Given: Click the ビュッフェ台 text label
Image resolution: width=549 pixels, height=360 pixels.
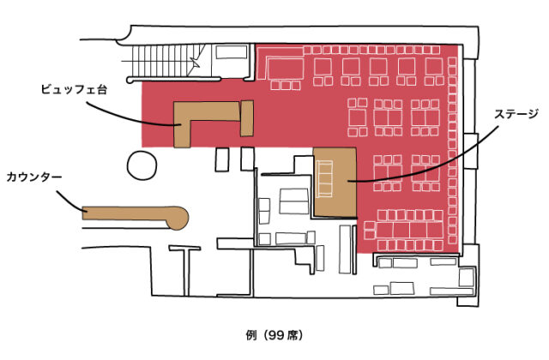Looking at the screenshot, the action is click(74, 89).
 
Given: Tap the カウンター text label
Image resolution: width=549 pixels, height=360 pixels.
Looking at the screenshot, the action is click(34, 177).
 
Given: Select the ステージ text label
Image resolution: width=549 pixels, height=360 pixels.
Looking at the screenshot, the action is click(516, 114).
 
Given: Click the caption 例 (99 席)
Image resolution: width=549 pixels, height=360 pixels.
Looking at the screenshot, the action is click(274, 335).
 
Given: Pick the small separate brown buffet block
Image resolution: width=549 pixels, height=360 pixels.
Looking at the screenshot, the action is click(247, 118).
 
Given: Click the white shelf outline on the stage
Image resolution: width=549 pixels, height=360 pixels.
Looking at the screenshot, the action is click(324, 179).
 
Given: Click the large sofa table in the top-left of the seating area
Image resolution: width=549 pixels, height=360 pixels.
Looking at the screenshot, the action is click(286, 69).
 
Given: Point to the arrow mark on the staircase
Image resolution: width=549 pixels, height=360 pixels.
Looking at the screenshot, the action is click(195, 62).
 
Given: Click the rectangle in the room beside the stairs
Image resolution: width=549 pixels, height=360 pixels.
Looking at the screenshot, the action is click(232, 52).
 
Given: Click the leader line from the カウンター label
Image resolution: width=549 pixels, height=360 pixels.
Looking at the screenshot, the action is click(69, 202).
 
